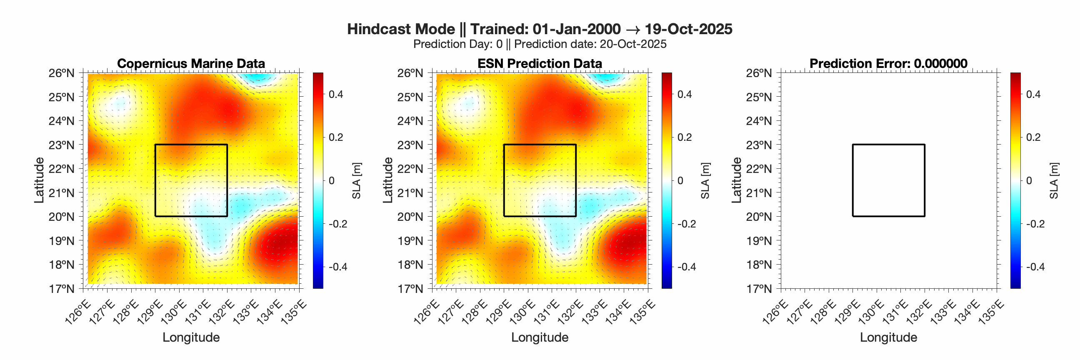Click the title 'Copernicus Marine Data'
191,63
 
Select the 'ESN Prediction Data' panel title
540,63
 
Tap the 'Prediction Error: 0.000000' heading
888,63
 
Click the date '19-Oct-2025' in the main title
688,29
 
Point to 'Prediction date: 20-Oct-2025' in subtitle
590,44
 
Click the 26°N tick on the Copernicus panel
61,73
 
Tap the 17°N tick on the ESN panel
410,289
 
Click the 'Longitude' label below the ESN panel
540,337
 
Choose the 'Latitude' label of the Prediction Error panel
736,180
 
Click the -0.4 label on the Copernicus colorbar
337,267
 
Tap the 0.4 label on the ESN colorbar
684,94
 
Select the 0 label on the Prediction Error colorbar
1029,181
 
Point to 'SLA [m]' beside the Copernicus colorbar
356,181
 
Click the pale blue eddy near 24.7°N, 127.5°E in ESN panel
468,102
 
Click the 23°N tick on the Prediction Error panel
759,145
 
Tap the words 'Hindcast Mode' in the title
401,29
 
